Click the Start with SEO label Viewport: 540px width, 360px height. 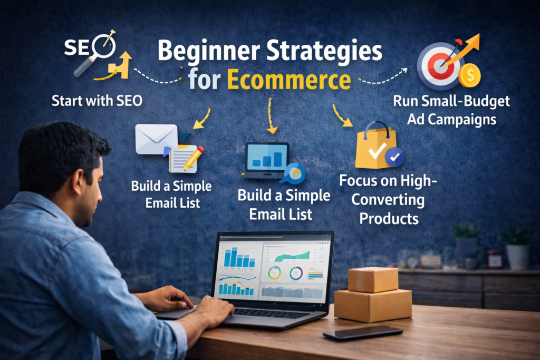tap(97, 101)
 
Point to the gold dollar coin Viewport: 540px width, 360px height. tap(469, 76)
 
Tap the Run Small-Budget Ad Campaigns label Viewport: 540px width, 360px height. tap(451, 110)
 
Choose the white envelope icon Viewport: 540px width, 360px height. tap(156, 138)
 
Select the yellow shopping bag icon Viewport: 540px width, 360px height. tap(375, 147)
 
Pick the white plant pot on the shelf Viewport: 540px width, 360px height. tap(517, 256)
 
